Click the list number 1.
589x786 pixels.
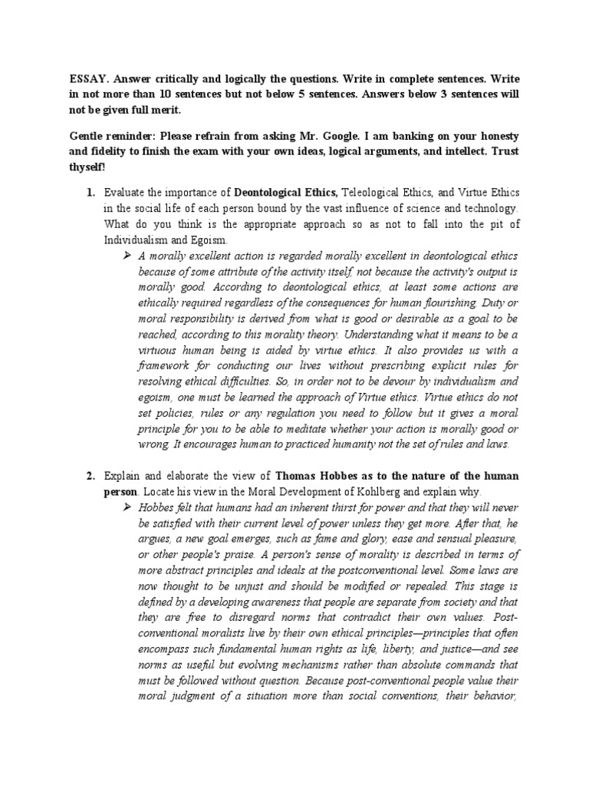[x=89, y=193]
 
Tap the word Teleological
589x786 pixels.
[x=377, y=193]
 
